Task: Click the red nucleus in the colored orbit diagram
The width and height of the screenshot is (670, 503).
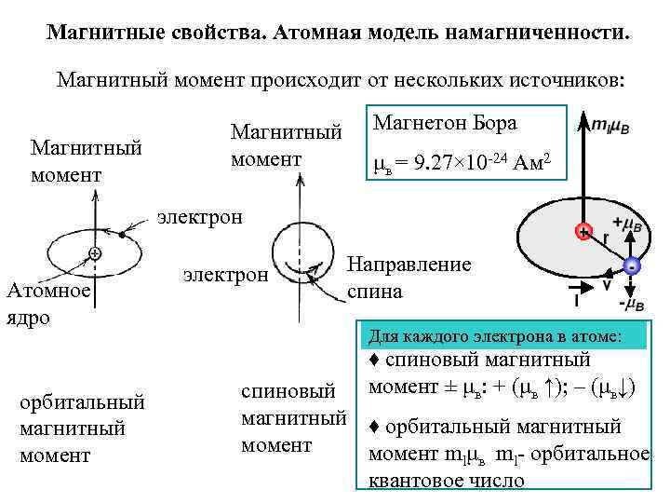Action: (583, 231)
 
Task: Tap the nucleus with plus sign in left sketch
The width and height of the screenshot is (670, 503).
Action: (95, 253)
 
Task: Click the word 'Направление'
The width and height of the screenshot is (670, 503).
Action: (409, 264)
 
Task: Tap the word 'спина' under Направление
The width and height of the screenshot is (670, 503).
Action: (375, 292)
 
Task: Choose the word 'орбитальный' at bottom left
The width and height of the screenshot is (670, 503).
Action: (82, 402)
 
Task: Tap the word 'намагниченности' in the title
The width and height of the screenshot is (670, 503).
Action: (538, 34)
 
